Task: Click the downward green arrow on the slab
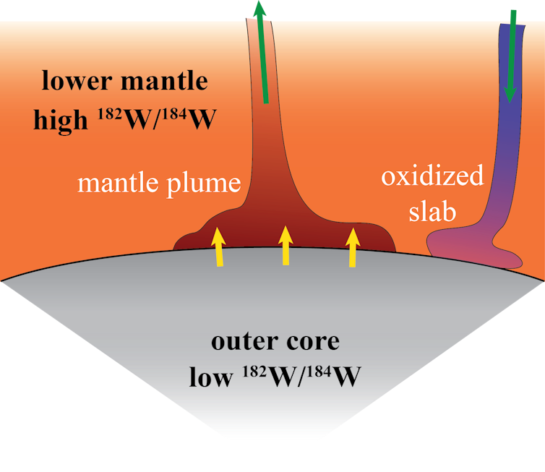tap(512, 54)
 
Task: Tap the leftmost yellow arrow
tap(217, 247)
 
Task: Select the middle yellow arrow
tap(286, 245)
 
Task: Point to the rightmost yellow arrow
tap(352, 247)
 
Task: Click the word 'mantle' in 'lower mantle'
tap(163, 81)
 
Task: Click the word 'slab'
tap(434, 210)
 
